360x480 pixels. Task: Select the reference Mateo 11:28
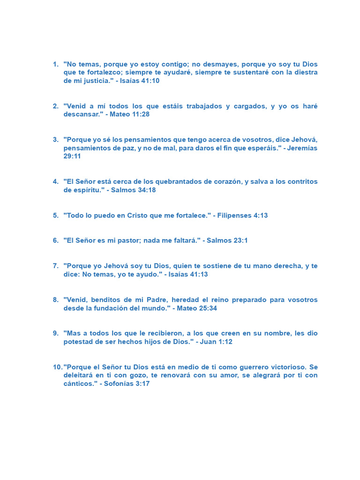click(130, 114)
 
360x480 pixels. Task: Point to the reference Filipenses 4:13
click(242, 216)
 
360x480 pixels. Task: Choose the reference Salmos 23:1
click(227, 240)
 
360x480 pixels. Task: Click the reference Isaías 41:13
click(188, 274)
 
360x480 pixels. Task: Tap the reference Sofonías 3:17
click(127, 384)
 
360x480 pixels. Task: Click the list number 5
click(55, 216)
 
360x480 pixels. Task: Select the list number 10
click(57, 367)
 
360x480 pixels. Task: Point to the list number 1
click(55, 64)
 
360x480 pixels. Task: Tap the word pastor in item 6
click(126, 240)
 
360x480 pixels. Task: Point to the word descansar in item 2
click(82, 114)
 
